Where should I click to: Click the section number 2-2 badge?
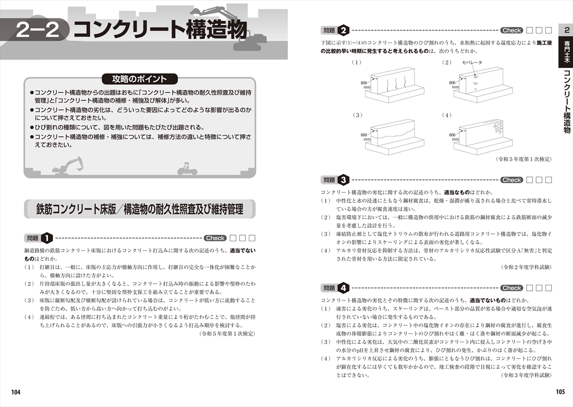pyautogui.click(x=37, y=30)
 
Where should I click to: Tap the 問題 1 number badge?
pyautogui.click(x=47, y=237)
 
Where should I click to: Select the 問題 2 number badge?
pyautogui.click(x=343, y=30)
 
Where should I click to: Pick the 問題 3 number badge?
pyautogui.click(x=343, y=180)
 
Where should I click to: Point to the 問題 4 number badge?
pyautogui.click(x=343, y=288)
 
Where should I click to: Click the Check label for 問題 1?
pyautogui.click(x=215, y=238)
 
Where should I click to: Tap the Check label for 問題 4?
pyautogui.click(x=512, y=288)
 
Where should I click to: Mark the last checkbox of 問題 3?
pyautogui.click(x=549, y=180)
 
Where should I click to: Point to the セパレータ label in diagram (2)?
pyautogui.click(x=472, y=63)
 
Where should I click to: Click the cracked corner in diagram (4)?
pyautogui.click(x=497, y=128)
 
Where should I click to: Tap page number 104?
pyautogui.click(x=16, y=392)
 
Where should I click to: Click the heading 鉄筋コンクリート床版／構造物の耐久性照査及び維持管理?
pyautogui.click(x=139, y=209)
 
